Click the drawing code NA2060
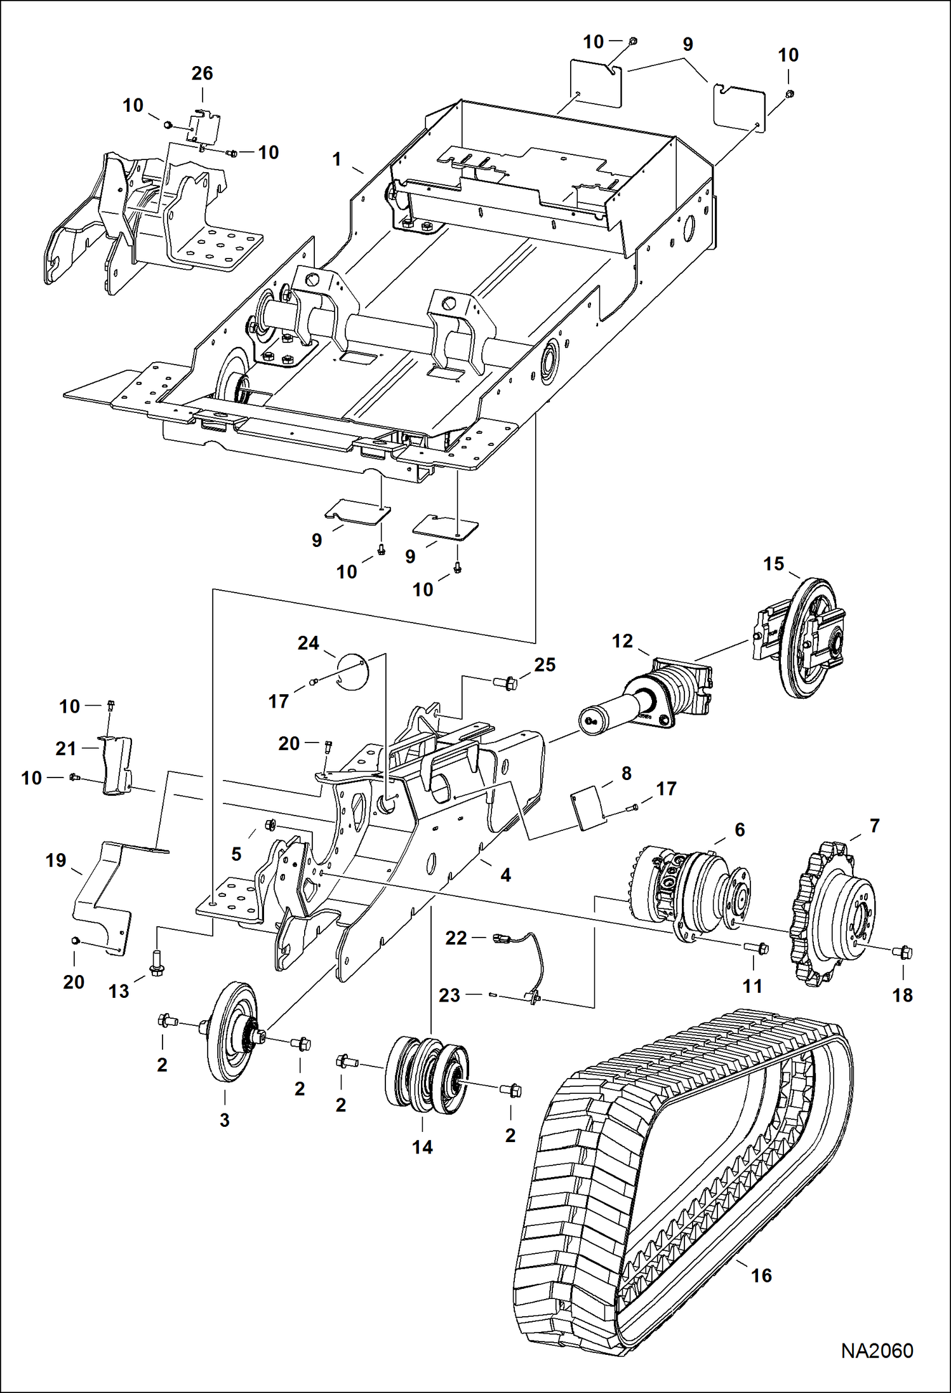click(x=877, y=1350)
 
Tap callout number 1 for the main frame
click(x=337, y=159)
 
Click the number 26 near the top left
click(x=202, y=73)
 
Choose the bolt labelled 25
click(x=506, y=683)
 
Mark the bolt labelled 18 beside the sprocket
click(x=903, y=952)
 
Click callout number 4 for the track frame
click(x=505, y=875)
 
